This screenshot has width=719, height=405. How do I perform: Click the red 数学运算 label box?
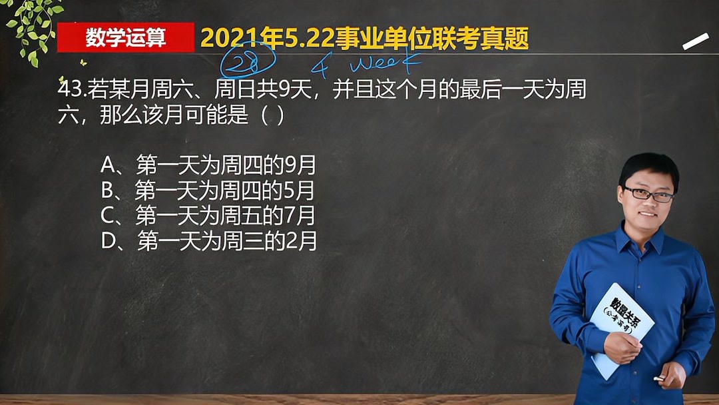[125, 38]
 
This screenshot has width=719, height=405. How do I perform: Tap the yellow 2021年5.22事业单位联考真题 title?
[364, 39]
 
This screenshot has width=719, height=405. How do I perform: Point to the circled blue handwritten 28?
[248, 65]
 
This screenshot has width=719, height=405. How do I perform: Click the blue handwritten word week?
[385, 64]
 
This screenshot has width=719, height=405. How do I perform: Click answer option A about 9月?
[208, 165]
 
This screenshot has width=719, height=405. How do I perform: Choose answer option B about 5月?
[207, 191]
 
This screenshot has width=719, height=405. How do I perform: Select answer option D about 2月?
[208, 240]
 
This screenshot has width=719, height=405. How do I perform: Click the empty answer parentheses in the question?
[272, 115]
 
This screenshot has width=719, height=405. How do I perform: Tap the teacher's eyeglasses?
[647, 195]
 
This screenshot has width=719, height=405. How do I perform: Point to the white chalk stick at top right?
[696, 41]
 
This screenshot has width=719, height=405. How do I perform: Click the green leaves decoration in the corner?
[32, 27]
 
